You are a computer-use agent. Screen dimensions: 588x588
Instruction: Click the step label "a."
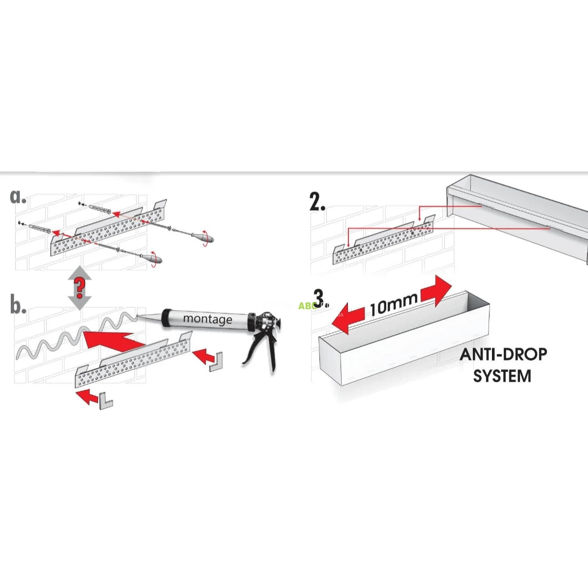(x=18, y=196)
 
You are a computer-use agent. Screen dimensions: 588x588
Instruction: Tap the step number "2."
(x=318, y=202)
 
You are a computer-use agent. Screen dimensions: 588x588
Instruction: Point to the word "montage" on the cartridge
(x=207, y=319)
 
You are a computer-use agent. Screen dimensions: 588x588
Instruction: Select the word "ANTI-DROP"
(x=503, y=354)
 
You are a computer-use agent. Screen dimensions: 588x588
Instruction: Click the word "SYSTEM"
(x=502, y=376)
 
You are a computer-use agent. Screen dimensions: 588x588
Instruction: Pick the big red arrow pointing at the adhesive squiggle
(x=110, y=340)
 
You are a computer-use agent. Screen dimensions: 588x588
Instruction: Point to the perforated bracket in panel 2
(x=382, y=243)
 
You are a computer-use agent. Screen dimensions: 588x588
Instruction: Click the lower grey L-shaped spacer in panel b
(x=105, y=401)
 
